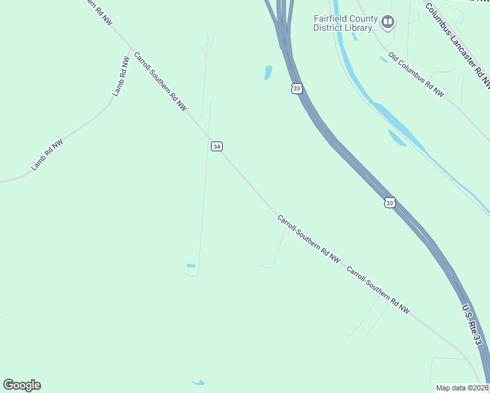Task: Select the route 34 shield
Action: (x=217, y=146)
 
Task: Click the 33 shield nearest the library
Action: (x=297, y=88)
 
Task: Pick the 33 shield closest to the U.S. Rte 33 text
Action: (x=390, y=203)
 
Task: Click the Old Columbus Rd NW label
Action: (x=417, y=75)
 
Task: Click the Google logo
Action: (x=22, y=385)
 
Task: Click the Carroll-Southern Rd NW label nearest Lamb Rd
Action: (x=160, y=81)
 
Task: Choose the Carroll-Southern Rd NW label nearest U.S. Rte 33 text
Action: (x=378, y=290)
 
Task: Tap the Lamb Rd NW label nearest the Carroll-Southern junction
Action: (x=121, y=77)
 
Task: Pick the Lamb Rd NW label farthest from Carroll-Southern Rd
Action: (x=47, y=155)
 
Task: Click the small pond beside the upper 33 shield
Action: (x=268, y=73)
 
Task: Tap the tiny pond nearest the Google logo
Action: (x=198, y=382)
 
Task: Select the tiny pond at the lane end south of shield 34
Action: (x=191, y=265)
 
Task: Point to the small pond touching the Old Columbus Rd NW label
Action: (x=383, y=60)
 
